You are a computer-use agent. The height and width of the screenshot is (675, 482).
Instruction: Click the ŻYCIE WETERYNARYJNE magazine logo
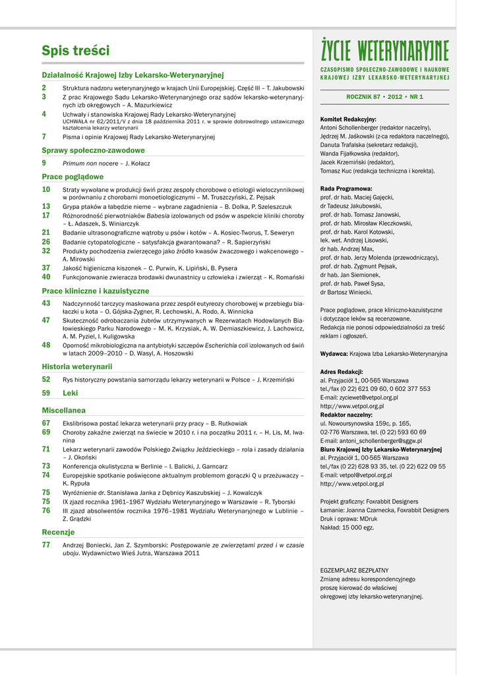[384, 50]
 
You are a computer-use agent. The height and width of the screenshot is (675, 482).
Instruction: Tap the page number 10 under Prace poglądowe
[46, 189]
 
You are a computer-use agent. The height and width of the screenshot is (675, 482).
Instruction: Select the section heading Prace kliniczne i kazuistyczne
[96, 291]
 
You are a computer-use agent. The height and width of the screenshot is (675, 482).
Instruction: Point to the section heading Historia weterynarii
[77, 367]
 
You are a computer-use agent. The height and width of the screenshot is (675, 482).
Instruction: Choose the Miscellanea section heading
[63, 410]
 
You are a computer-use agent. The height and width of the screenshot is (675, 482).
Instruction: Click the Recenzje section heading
[58, 532]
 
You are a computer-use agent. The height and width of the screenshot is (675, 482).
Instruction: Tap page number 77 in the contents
[46, 545]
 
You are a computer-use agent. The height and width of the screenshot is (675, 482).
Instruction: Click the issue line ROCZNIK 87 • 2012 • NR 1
[384, 97]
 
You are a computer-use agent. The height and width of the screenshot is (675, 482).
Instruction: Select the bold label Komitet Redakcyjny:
[348, 119]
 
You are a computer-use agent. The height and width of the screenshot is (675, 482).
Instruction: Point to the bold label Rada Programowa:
[347, 188]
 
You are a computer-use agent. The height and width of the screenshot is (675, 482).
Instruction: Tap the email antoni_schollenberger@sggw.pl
[371, 440]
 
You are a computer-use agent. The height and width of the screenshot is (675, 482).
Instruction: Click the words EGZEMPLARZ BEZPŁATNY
[354, 570]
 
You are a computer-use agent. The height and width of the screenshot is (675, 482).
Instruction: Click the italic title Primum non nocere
[91, 163]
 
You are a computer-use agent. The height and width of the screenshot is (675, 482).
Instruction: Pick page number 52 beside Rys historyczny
[46, 379]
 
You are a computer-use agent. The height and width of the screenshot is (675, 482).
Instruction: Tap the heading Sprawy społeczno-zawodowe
[93, 150]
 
